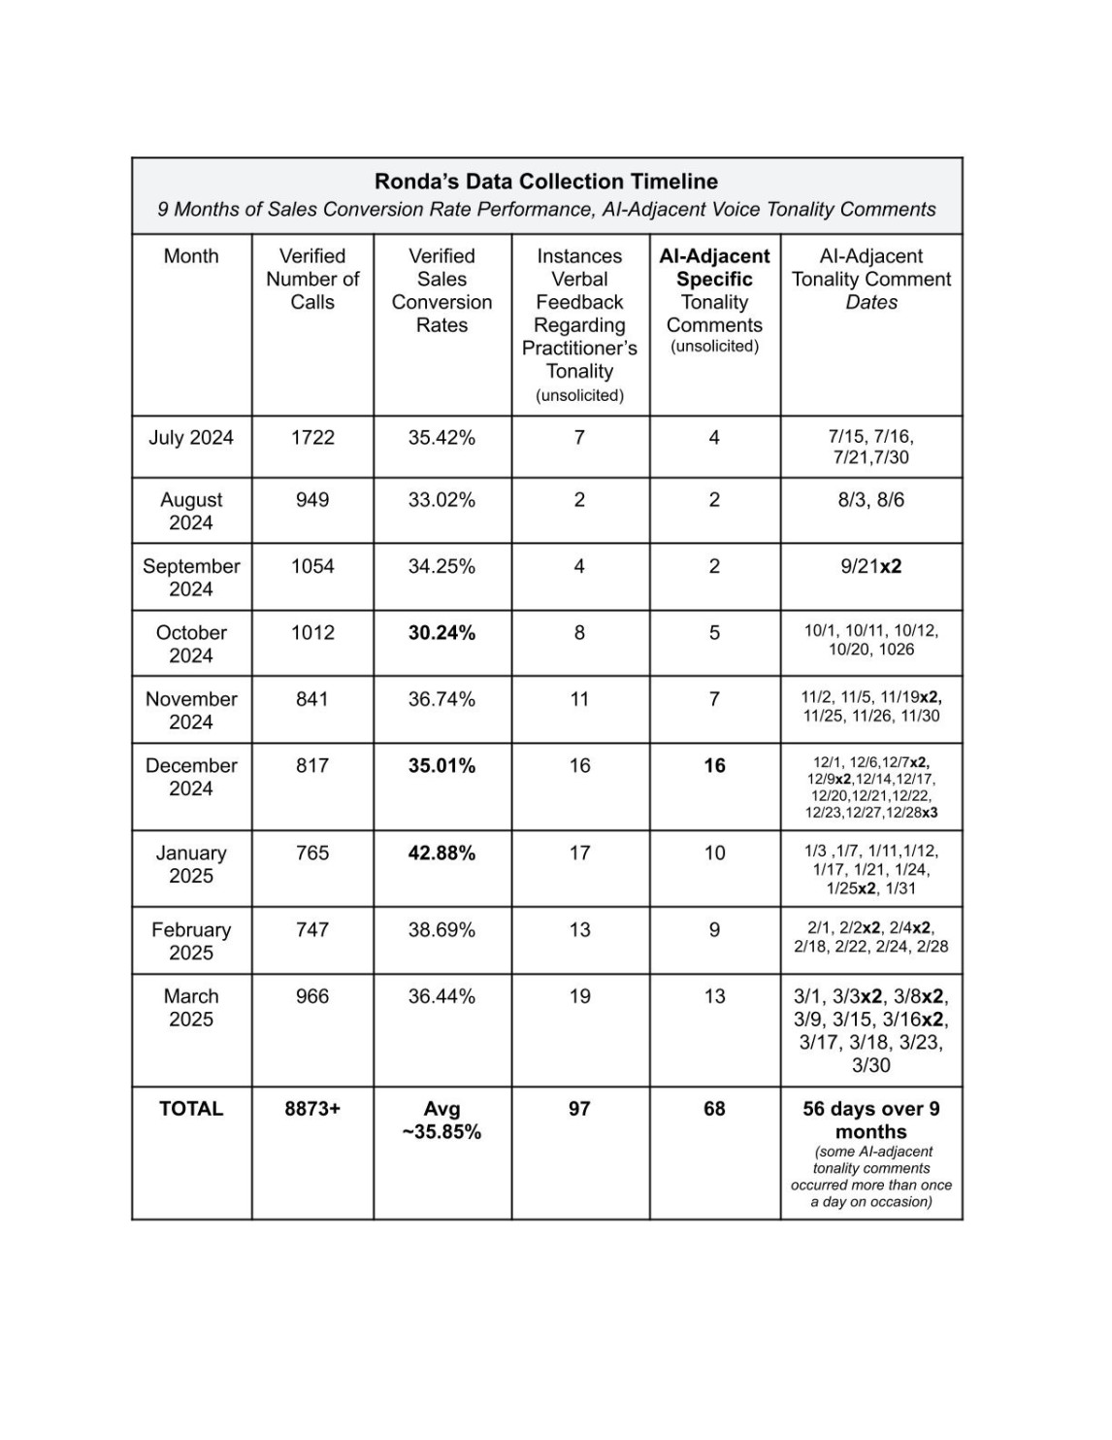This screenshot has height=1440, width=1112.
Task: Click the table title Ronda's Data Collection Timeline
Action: click(546, 182)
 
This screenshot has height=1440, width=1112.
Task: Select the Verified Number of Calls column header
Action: click(312, 279)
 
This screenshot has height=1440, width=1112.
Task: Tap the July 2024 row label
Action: click(191, 438)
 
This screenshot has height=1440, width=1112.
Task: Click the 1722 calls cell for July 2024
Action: click(312, 438)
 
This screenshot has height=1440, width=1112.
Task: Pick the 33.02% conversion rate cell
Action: click(442, 500)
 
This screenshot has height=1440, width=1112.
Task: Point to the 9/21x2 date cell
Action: click(870, 566)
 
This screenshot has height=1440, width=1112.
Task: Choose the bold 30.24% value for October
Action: click(442, 633)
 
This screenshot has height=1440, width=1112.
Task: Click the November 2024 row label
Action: click(191, 711)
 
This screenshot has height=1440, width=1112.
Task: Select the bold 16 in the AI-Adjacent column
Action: click(714, 766)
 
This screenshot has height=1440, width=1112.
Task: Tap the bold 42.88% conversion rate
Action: click(442, 854)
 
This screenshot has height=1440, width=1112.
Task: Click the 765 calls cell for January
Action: click(312, 854)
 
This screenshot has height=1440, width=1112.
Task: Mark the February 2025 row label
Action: click(191, 941)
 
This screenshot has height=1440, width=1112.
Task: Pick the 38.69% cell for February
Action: click(442, 930)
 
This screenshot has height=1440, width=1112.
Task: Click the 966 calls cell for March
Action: click(312, 996)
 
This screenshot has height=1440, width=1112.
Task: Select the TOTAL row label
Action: click(191, 1109)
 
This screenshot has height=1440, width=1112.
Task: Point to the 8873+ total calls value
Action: click(312, 1109)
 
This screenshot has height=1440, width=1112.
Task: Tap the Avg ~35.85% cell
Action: click(442, 1121)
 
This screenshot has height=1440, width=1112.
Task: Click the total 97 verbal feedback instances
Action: click(579, 1109)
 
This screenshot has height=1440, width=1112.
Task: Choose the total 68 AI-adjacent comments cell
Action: click(714, 1109)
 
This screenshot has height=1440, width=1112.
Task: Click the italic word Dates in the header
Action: click(871, 302)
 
